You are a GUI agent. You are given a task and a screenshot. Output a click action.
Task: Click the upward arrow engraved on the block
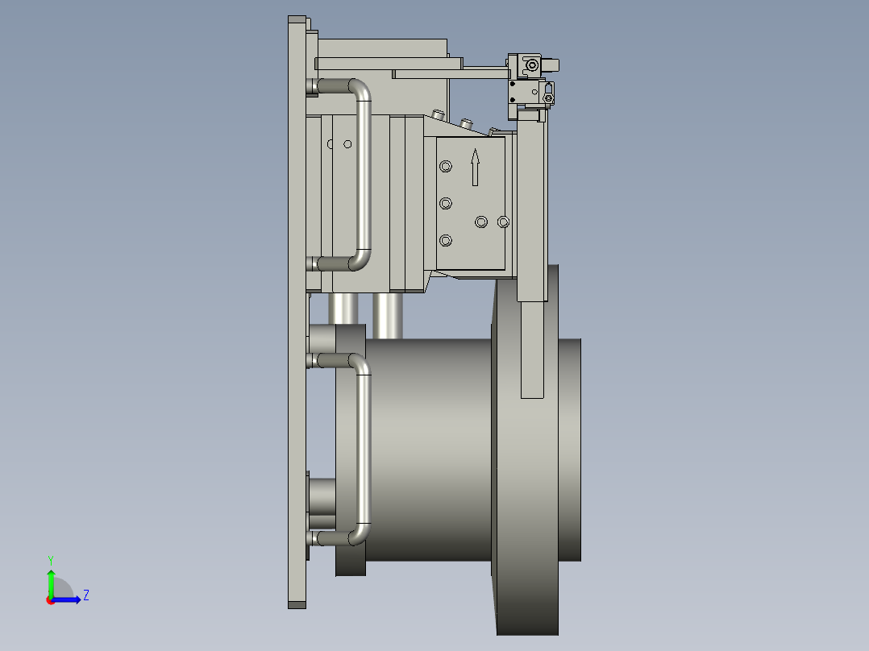click(x=476, y=167)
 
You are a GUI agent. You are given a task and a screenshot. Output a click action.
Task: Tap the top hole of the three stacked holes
click(x=445, y=166)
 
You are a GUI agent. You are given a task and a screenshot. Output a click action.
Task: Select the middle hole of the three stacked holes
click(x=445, y=203)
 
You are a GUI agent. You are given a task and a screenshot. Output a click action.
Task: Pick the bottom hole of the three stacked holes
click(x=445, y=240)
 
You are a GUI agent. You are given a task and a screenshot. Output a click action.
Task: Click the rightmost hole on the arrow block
click(x=504, y=221)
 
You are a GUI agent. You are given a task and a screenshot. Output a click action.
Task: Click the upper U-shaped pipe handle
click(x=363, y=173)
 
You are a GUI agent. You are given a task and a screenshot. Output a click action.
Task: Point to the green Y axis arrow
click(x=51, y=581)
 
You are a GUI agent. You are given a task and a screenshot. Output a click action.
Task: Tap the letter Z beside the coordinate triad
click(x=85, y=595)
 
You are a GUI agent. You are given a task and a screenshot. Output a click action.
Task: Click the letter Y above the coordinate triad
click(x=50, y=559)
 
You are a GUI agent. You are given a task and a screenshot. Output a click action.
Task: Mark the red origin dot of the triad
click(x=51, y=599)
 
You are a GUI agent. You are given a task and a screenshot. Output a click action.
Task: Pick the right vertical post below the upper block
click(x=387, y=315)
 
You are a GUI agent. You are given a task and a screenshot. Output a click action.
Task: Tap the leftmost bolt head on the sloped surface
click(x=438, y=114)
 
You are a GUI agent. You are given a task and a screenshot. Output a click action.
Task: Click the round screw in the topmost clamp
click(x=531, y=64)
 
